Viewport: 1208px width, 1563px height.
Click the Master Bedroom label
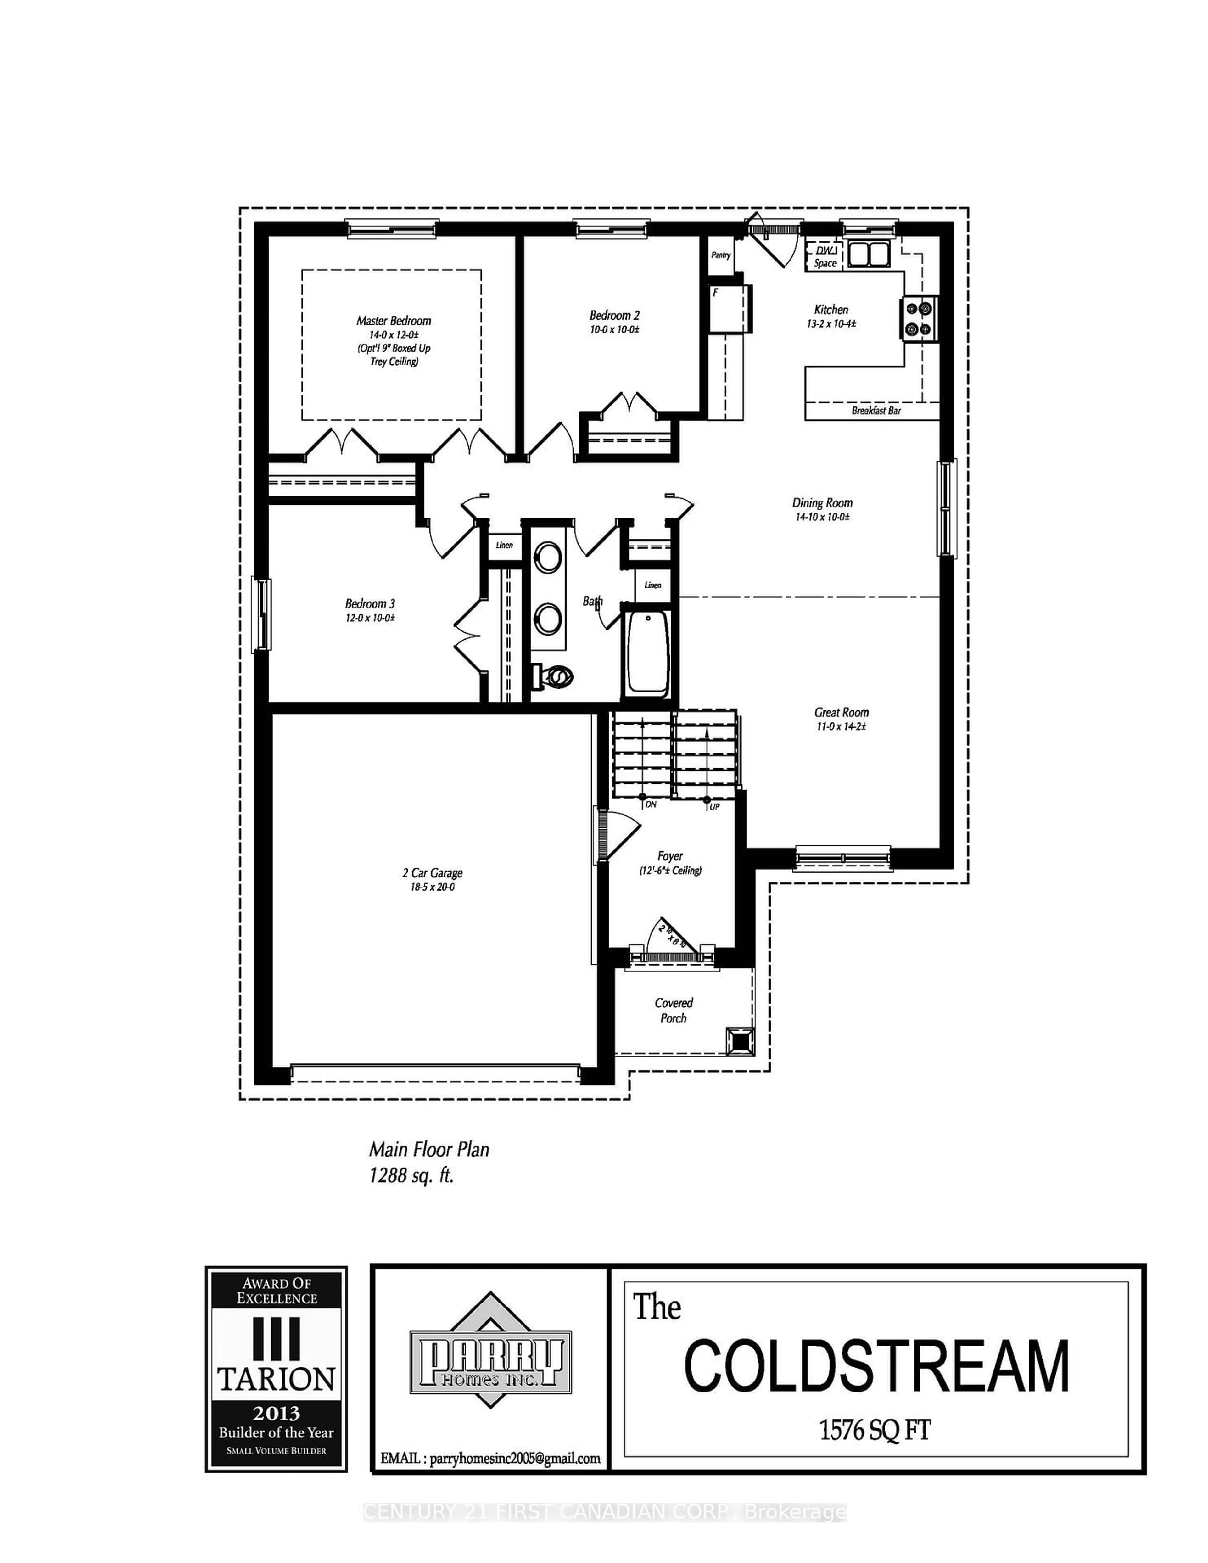click(x=394, y=321)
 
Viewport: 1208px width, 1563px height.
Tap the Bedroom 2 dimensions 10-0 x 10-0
click(x=614, y=330)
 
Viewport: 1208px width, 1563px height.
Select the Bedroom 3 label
click(x=369, y=603)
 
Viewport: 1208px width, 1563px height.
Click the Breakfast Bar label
click(x=876, y=411)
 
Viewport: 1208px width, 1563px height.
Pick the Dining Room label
click(x=822, y=502)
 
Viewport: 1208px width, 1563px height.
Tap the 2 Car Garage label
click(x=432, y=872)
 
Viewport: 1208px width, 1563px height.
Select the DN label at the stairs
click(x=651, y=805)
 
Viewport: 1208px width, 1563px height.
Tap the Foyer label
click(x=670, y=856)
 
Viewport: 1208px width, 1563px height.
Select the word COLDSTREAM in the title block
click(x=877, y=1365)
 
